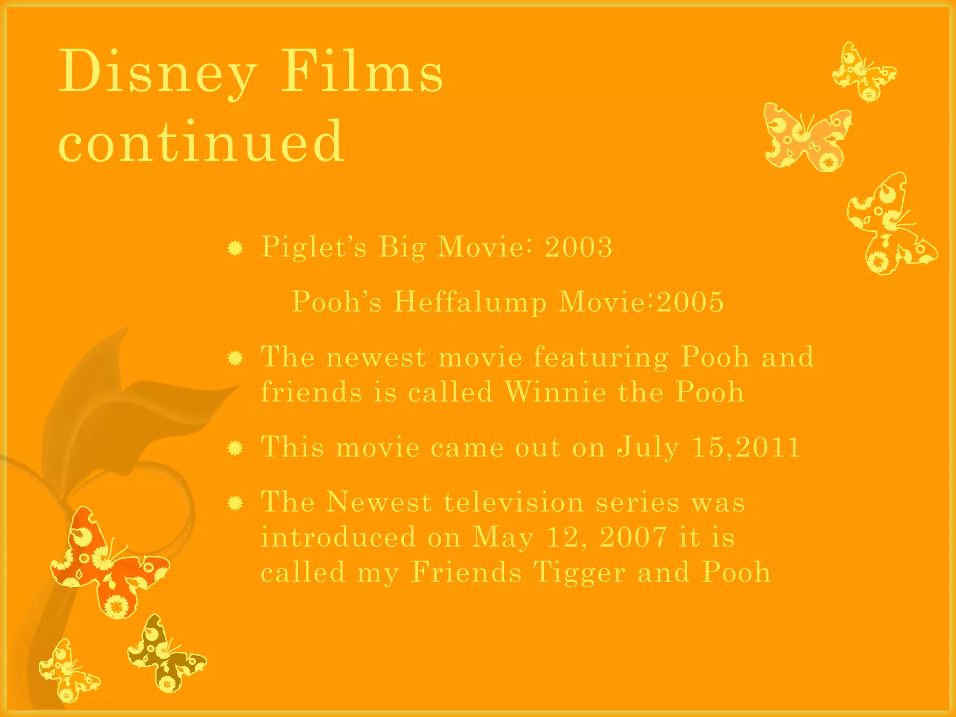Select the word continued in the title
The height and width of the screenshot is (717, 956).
coord(201,141)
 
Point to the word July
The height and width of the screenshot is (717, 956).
coord(648,447)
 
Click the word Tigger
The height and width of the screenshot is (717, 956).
coord(579,572)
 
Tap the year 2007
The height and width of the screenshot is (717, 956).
coord(633,537)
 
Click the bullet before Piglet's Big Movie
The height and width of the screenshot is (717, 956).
coord(235,248)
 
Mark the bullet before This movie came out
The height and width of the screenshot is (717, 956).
coord(235,449)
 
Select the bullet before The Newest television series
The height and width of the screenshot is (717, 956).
coord(235,503)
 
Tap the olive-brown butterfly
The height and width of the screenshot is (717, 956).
coord(166,654)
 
